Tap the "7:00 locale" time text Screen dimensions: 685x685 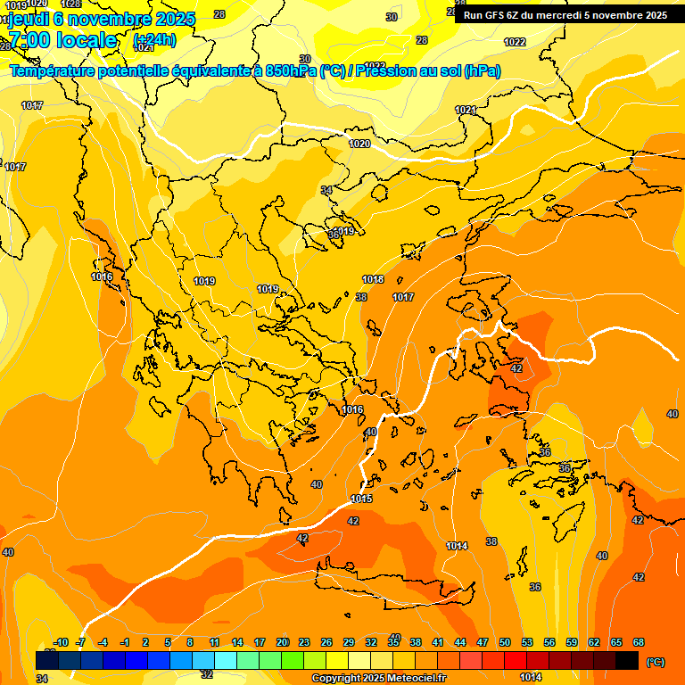click(62, 40)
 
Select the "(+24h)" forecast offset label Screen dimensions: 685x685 click(154, 40)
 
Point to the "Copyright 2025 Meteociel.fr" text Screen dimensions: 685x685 click(378, 679)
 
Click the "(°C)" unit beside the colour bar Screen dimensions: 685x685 click(656, 662)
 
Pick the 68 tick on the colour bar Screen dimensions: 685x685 click(639, 642)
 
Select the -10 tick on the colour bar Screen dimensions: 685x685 click(61, 642)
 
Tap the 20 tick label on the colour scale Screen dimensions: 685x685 click(282, 642)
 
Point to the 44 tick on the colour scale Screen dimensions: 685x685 click(460, 642)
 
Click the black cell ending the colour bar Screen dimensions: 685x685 click(627, 660)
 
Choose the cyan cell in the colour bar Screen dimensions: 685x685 click(226, 660)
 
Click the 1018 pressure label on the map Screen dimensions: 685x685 click(373, 280)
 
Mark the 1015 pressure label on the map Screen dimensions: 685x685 click(361, 499)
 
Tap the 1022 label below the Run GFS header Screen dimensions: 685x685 click(515, 42)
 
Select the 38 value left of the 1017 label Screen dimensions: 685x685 click(361, 297)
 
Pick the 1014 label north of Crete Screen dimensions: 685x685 click(457, 546)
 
